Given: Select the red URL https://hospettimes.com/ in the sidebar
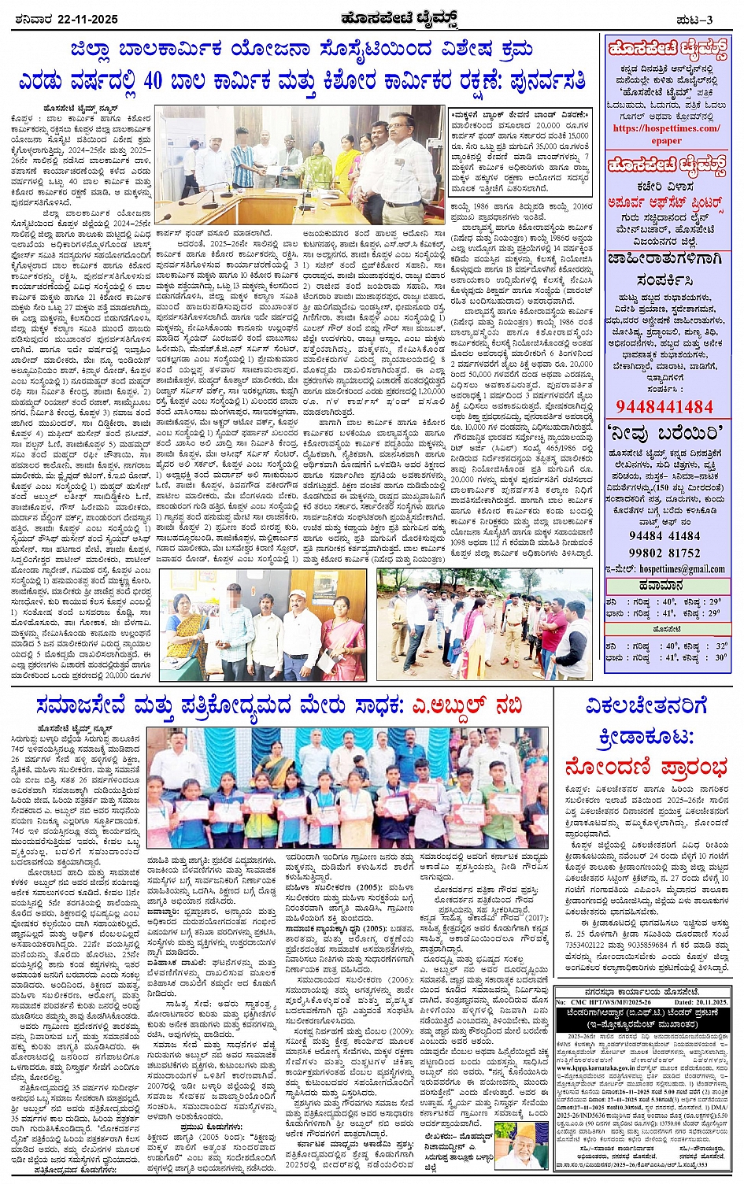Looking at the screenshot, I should [x=666, y=128].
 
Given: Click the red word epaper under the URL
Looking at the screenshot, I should [x=666, y=140].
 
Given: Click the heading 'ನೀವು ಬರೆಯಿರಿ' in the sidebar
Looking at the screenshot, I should [x=666, y=432].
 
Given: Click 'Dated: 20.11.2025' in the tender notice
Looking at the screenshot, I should [x=696, y=1002].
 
